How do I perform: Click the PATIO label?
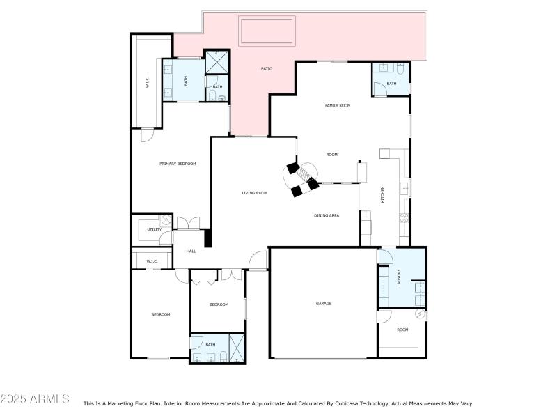coord(267,68)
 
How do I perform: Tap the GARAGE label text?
coord(324,304)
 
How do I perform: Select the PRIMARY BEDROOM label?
coord(178,164)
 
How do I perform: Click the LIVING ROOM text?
coord(255,193)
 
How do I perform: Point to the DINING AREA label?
coord(327,216)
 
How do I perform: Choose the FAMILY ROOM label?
coord(338,105)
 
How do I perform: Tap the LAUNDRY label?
coord(399,278)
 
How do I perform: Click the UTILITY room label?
coord(154,229)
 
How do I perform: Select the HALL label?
coord(191,251)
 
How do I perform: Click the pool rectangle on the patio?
coord(267,31)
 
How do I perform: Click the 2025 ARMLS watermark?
coord(35,398)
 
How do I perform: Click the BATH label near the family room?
coord(391,84)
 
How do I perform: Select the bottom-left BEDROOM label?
coord(161,314)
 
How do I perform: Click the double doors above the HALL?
coord(187,224)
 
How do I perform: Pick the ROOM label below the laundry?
coord(402,330)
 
